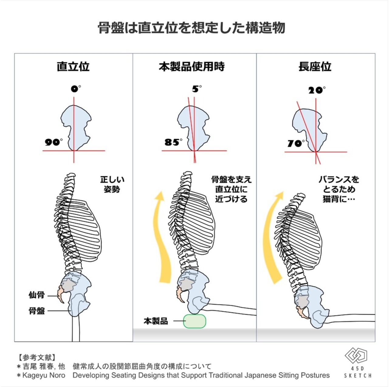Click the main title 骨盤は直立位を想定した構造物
click(x=191, y=28)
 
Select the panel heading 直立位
click(x=73, y=66)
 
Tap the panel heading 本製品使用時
click(x=192, y=66)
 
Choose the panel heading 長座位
click(x=315, y=66)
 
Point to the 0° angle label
click(x=76, y=89)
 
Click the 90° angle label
click(x=53, y=142)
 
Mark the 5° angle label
click(x=197, y=89)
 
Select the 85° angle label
click(x=173, y=142)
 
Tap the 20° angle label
click(x=317, y=90)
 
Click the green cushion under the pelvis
click(x=194, y=321)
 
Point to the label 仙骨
click(x=36, y=295)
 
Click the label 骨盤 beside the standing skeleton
click(x=36, y=311)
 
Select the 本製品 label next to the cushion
click(x=156, y=321)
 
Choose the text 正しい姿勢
click(x=112, y=184)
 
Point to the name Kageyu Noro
click(x=43, y=375)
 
